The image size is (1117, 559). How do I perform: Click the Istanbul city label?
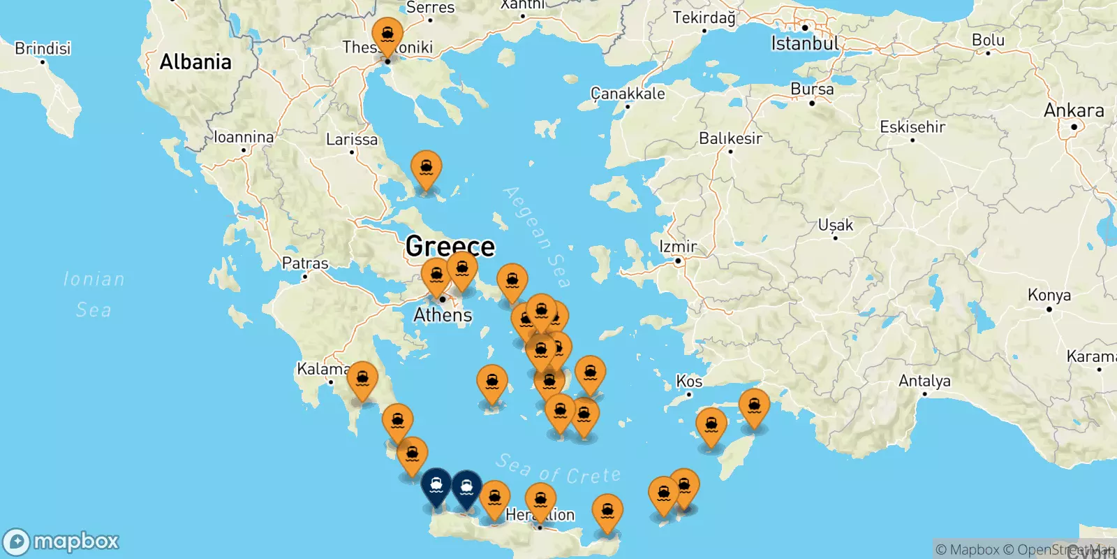(804, 43)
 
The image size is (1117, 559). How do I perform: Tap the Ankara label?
(1073, 110)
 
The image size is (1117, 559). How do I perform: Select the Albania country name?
(195, 62)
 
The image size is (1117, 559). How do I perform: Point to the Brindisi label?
(43, 48)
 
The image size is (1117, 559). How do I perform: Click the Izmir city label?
(677, 246)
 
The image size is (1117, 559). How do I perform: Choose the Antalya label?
(924, 381)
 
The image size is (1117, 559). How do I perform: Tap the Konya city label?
(1049, 295)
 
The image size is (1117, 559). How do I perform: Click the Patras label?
(304, 263)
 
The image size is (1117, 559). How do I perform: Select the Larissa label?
(351, 139)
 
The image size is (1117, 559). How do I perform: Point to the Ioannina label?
(243, 137)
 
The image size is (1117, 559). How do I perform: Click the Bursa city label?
(811, 89)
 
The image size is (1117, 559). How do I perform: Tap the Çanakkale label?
(628, 94)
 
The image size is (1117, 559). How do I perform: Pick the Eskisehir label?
(912, 127)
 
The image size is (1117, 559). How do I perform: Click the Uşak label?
(835, 225)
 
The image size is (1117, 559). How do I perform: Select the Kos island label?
(688, 382)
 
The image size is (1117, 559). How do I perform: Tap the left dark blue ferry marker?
(436, 485)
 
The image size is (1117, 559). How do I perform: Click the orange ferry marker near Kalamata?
(362, 379)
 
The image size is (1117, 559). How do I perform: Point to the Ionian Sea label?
(94, 294)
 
